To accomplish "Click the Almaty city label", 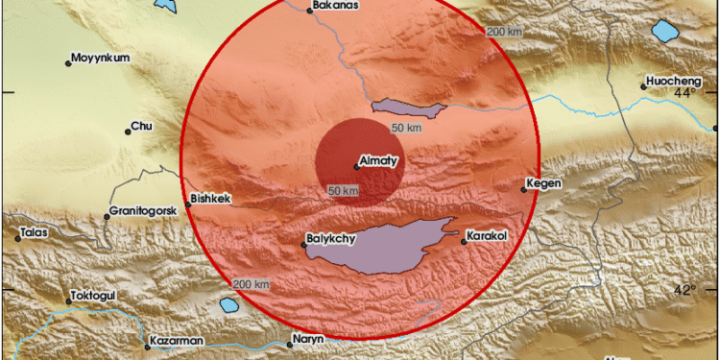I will pos(376,159).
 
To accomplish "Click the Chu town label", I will pos(142,125).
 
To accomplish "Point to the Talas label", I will pos(33,230).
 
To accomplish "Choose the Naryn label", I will pos(309,338).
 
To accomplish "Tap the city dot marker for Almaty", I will pos(356,167).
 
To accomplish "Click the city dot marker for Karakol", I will pos(463,242).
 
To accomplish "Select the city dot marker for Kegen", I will pos(524,189).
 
